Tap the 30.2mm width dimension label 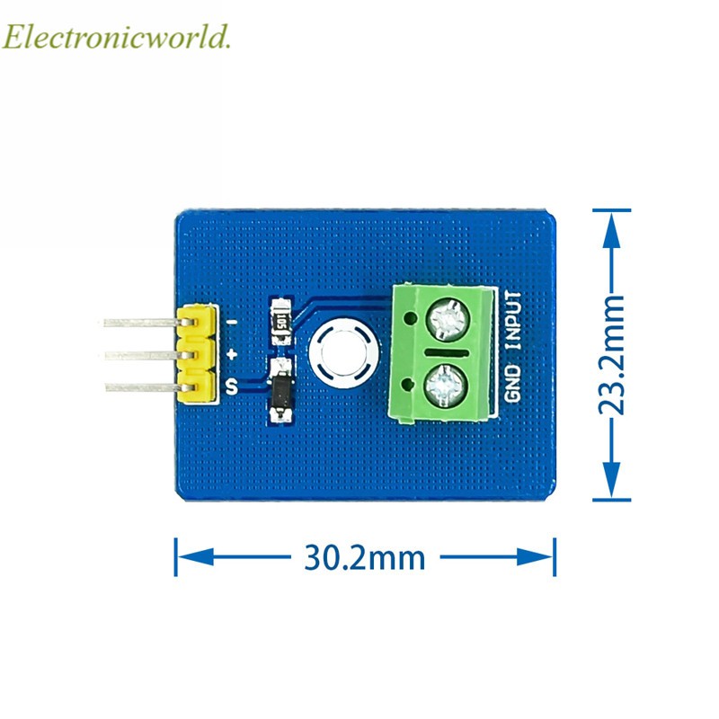pos(364,558)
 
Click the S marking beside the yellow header pos(231,387)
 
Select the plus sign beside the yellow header pos(231,355)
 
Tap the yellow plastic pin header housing pos(197,354)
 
